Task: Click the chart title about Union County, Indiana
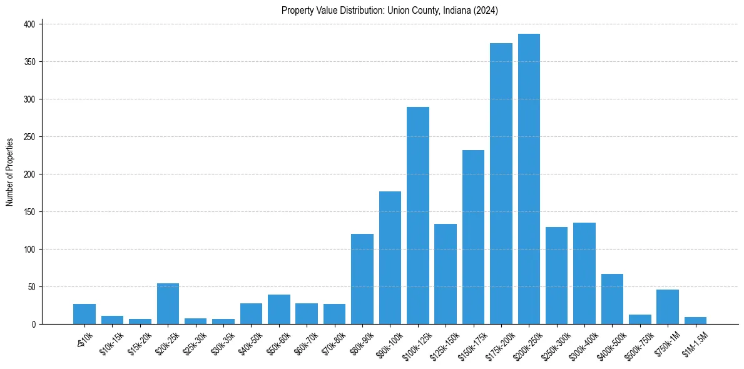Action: (x=389, y=10)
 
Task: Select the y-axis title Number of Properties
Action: (x=10, y=172)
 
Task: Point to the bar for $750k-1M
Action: (x=667, y=307)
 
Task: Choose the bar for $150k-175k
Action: (x=473, y=237)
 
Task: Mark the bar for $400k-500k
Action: (x=612, y=299)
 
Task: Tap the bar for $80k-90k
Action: (x=362, y=279)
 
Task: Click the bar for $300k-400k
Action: (x=584, y=273)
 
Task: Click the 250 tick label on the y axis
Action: (x=30, y=137)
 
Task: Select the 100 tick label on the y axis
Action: (x=30, y=250)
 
